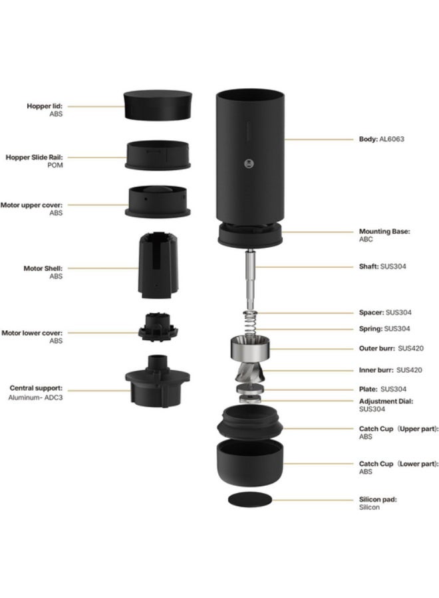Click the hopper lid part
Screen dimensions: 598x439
158,105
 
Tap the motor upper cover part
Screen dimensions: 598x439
158,202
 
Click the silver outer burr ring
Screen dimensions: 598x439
250,348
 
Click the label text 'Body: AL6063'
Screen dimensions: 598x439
381,140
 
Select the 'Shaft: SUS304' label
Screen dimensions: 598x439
382,266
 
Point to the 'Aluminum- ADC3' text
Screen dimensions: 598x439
37,395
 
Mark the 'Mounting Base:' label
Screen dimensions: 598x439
384,231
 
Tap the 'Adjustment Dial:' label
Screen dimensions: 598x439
386,401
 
